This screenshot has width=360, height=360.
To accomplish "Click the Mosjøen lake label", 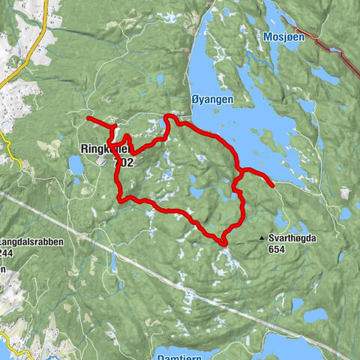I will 281,36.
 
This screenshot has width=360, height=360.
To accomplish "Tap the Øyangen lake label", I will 212,99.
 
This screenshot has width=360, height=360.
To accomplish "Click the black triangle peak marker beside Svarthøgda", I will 262,238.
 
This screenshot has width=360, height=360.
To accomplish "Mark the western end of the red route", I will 88,118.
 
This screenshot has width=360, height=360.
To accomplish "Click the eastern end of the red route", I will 271,182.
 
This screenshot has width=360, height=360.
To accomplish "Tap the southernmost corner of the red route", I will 224,242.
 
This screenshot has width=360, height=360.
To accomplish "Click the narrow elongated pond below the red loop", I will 113,259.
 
